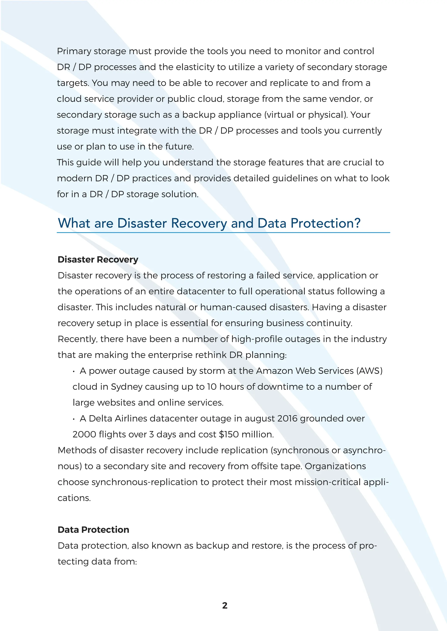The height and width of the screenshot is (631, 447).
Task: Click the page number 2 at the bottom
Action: coord(225,606)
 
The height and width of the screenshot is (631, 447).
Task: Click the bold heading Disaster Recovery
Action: coord(98,260)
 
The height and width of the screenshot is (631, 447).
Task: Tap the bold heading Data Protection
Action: coord(93,530)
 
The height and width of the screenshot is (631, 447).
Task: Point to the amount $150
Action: coord(229,434)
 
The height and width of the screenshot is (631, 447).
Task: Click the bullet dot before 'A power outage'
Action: coord(74,371)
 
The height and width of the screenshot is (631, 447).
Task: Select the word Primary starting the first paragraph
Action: coord(74,51)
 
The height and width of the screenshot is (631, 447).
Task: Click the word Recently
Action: coord(77,339)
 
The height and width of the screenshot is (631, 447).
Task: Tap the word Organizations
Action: coord(335,466)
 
